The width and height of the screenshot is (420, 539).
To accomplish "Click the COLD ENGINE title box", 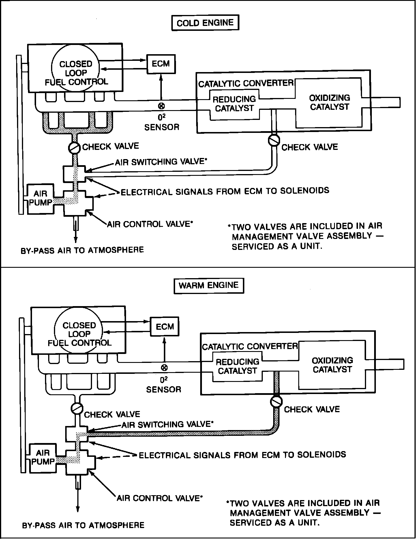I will click(x=205, y=23).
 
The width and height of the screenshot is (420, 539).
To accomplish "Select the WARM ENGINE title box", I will click(x=209, y=285).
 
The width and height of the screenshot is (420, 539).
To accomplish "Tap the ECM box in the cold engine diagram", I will click(x=161, y=64).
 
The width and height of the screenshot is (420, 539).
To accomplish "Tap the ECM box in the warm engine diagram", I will click(x=165, y=327).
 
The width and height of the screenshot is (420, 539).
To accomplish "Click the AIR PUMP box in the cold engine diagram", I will click(x=40, y=198).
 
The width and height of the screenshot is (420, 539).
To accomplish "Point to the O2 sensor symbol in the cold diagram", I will click(x=161, y=106).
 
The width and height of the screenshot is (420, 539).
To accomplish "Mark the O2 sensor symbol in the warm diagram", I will click(x=164, y=368).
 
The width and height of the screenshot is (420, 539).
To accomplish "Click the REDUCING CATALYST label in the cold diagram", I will click(x=234, y=104).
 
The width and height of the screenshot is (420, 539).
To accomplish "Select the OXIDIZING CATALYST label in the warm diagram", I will click(x=332, y=365).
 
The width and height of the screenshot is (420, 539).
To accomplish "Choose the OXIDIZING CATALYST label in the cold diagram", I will click(x=329, y=102).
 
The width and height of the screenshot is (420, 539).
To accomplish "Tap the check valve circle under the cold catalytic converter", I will click(x=274, y=140).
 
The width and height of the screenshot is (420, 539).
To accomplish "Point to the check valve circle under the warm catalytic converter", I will click(x=276, y=401).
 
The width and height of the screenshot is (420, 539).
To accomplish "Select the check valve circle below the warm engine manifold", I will click(x=77, y=408).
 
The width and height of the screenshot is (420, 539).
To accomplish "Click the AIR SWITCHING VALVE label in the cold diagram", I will click(x=161, y=162).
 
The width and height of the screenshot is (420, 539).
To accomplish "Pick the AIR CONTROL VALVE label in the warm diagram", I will click(x=160, y=498).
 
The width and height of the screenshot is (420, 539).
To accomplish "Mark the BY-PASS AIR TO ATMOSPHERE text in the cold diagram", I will click(x=82, y=250).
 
